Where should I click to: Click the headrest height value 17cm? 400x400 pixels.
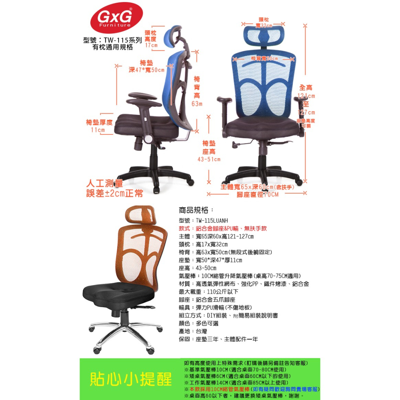click(x=151, y=46)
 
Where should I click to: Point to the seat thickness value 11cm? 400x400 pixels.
click(x=98, y=130)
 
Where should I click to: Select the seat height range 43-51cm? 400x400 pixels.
click(x=209, y=159)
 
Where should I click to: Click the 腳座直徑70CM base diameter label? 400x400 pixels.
click(x=257, y=194)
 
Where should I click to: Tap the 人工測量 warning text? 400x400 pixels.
click(x=105, y=184)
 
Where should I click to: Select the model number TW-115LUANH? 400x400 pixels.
click(x=212, y=220)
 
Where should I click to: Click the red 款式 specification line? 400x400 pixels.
click(x=222, y=228)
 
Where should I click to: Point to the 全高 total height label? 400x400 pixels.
click(x=306, y=88)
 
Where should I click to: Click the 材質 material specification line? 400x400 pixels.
click(x=244, y=284)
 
